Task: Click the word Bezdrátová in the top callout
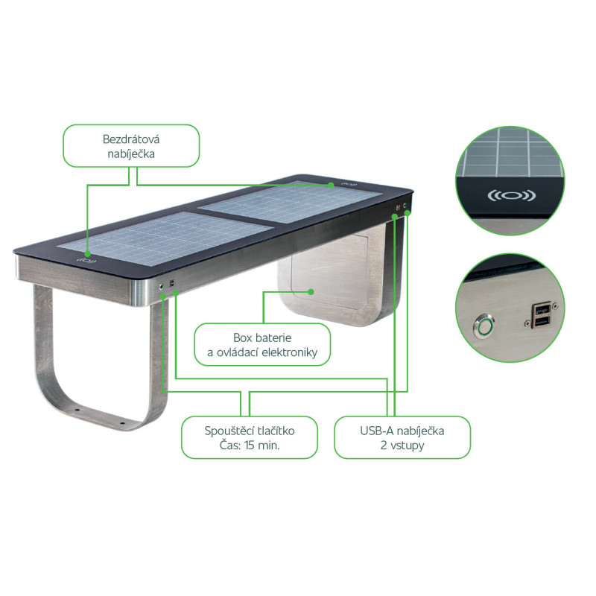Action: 131,139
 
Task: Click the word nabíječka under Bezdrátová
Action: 131,154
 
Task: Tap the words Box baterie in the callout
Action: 262,337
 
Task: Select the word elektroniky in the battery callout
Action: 290,352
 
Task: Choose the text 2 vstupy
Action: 402,445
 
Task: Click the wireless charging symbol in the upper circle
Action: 512,196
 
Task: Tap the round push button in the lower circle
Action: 484,326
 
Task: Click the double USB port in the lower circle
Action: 542,315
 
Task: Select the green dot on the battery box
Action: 311,292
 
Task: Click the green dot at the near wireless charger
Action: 87,253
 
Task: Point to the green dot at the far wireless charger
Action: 331,185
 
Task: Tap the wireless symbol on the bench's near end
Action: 86,261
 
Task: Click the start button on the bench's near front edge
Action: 161,286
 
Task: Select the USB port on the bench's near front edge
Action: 172,284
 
